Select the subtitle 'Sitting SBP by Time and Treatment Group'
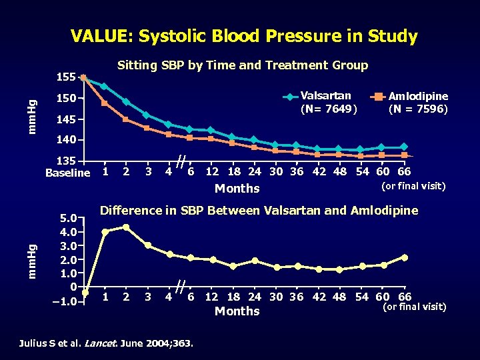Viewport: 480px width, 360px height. click(243, 65)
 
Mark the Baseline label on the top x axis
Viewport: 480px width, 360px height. click(67, 173)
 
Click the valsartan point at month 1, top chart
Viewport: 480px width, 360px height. click(104, 86)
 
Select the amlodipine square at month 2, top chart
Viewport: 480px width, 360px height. click(126, 119)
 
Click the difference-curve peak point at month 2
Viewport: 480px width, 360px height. click(126, 227)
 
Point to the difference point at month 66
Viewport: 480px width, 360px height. click(405, 257)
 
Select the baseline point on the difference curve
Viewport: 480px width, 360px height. click(85, 292)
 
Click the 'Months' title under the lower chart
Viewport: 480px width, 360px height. click(237, 311)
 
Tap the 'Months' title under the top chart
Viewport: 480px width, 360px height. click(237, 189)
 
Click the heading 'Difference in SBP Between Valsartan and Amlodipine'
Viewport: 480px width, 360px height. click(259, 211)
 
